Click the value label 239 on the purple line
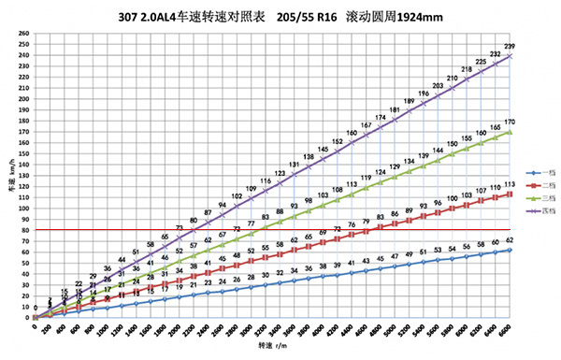509,47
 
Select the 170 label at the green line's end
509,122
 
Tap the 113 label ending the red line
509,185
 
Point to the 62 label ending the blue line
509,240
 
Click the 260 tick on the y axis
24,34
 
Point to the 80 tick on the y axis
25,230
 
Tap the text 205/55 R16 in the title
309,16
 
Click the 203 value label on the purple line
438,86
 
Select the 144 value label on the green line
438,151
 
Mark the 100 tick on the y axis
24,209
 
